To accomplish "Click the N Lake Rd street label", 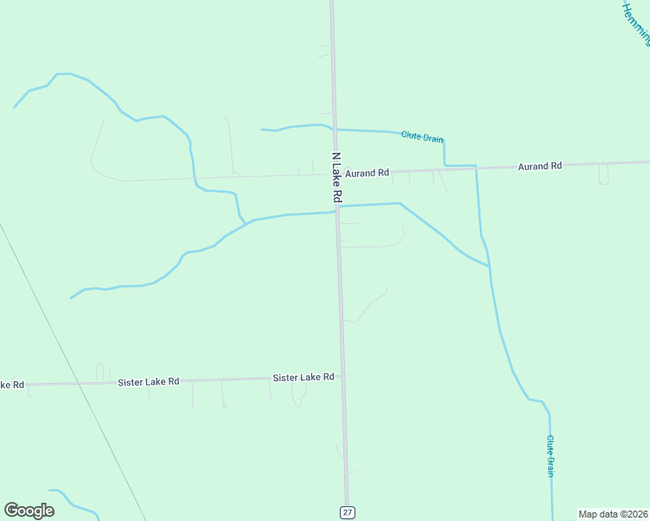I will [x=338, y=179].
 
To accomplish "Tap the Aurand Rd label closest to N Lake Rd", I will [x=367, y=174].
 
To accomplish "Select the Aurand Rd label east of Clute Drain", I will [x=540, y=166].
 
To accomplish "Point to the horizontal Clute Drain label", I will [x=422, y=137].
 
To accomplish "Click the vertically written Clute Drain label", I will [x=551, y=456].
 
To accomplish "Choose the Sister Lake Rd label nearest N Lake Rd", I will [x=303, y=378].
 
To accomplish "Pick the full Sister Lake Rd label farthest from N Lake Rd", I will [x=149, y=381].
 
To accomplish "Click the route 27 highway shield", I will [x=348, y=512].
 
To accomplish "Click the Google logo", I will [x=29, y=511].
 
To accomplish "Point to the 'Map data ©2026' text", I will [x=613, y=514].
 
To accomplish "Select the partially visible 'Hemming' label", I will [x=637, y=23].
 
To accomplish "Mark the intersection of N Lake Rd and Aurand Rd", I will [x=335, y=175].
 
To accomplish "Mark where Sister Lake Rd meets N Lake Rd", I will [x=342, y=377].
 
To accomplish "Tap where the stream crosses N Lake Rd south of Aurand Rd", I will [x=337, y=208].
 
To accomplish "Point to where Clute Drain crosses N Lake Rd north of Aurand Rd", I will [x=334, y=129].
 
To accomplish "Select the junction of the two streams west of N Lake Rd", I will [x=246, y=222].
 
